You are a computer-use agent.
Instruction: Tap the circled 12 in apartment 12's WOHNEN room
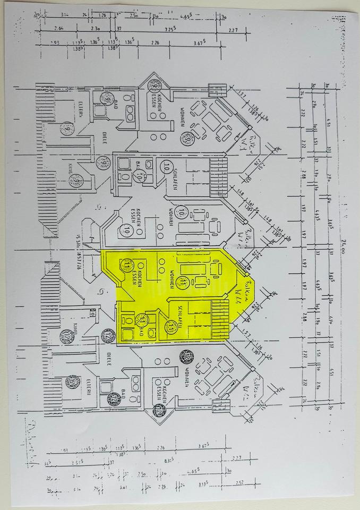click(x=186, y=356)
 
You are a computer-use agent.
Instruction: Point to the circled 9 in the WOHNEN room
click(x=187, y=139)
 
